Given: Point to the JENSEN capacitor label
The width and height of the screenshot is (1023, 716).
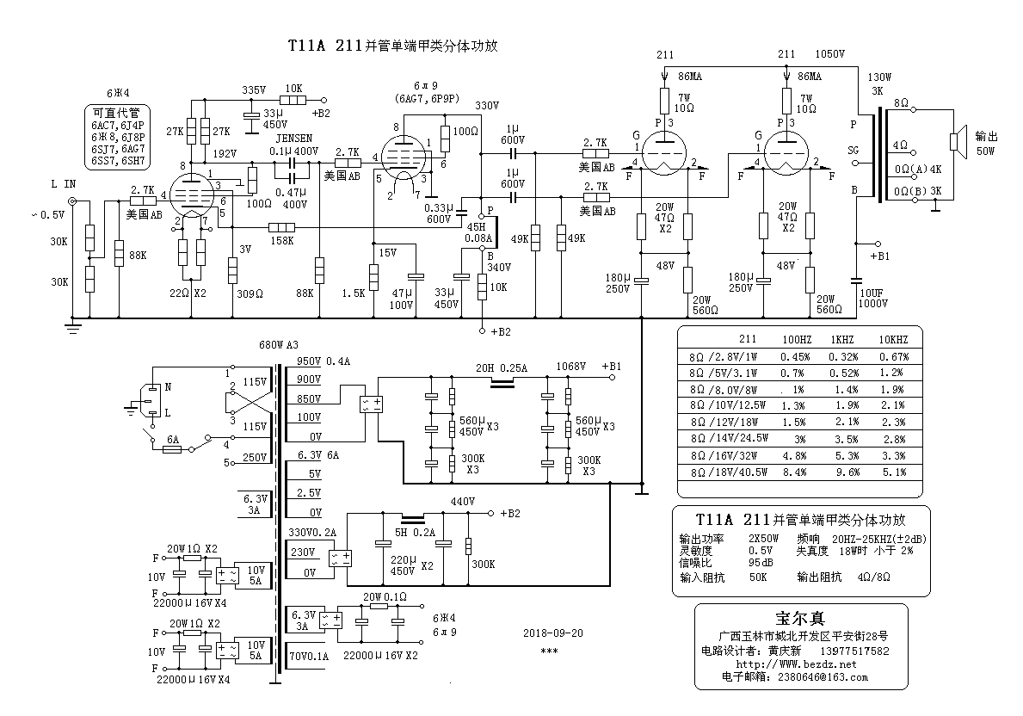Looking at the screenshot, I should tap(294, 138).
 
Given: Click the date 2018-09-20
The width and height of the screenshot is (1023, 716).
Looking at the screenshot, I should tap(552, 633).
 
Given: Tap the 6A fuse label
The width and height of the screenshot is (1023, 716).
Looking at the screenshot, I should tap(173, 439).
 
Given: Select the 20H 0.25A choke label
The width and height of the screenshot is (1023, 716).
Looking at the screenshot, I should tap(502, 367).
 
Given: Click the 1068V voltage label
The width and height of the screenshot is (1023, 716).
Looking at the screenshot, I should tap(571, 366).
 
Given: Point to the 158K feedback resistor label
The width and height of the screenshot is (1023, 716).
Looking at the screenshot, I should tap(281, 240).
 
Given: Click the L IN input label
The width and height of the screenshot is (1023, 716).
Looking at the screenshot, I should tap(65, 184).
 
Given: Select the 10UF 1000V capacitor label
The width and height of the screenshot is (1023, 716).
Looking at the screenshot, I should tap(873, 298).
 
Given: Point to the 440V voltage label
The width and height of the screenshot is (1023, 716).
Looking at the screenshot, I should tap(462, 501).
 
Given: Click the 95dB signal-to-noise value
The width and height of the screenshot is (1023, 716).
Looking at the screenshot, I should tap(761, 563).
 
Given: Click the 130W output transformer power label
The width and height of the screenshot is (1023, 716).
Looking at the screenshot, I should tap(879, 77).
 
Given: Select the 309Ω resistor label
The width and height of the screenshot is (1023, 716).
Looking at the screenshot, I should tap(250, 293).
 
